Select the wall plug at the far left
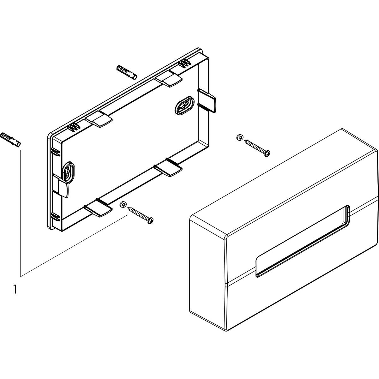(11, 140)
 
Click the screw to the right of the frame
(257, 148)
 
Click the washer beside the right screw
(240, 137)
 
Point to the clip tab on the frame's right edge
(208, 100)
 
